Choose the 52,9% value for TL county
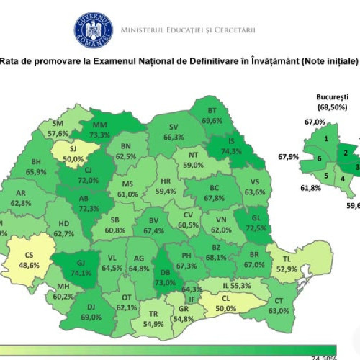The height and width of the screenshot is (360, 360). pos(288,269)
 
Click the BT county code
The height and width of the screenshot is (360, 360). pos(212,111)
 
